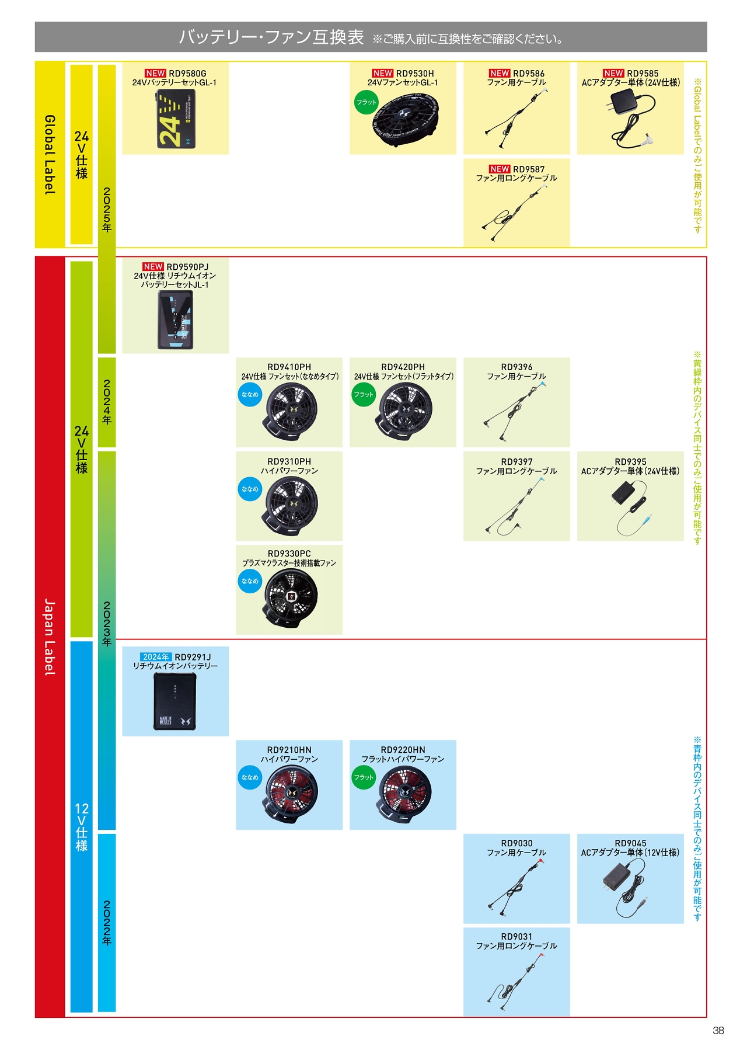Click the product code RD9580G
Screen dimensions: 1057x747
[187, 74]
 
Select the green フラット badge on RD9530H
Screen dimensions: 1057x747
[366, 102]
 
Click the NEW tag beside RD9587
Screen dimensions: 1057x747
[500, 169]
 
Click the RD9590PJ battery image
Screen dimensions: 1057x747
[176, 320]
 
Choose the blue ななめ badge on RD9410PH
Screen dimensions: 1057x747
[250, 395]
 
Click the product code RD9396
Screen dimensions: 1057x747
[516, 367]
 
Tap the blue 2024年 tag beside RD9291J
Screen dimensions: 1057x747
[156, 657]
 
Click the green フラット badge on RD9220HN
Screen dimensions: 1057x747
[364, 777]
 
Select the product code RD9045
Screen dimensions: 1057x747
[630, 843]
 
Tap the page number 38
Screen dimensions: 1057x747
[718, 1031]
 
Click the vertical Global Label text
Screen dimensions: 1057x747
[50, 155]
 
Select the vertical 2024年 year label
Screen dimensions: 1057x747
[107, 402]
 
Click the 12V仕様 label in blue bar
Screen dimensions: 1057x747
[82, 826]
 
